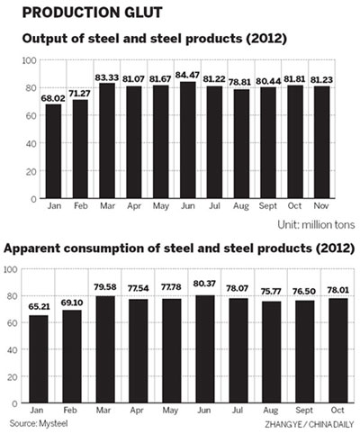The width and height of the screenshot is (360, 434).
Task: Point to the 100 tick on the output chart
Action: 28,60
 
